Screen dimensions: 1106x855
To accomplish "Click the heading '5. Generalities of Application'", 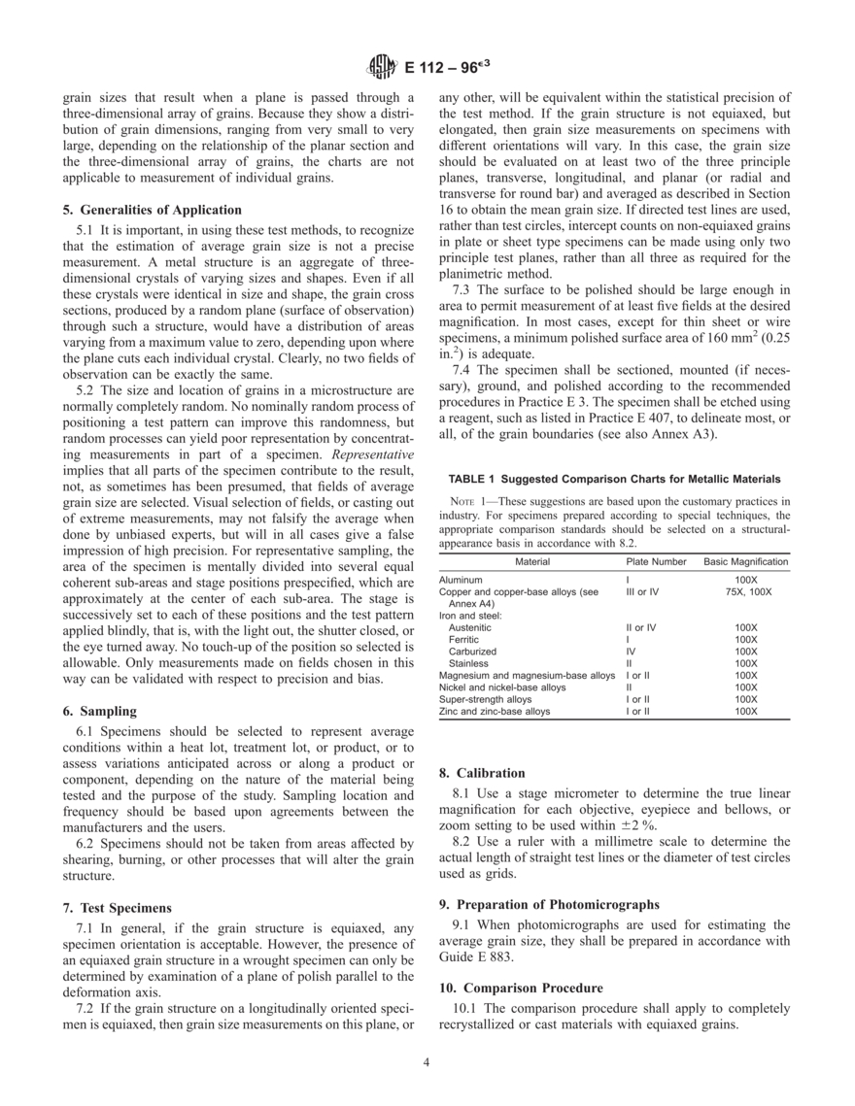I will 153,209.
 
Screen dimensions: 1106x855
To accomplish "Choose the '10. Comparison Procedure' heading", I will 521,988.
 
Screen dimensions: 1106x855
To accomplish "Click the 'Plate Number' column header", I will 656,561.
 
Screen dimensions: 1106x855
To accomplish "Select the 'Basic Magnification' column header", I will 745,561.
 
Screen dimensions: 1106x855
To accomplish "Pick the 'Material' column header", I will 531,561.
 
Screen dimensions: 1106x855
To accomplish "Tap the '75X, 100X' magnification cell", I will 745,590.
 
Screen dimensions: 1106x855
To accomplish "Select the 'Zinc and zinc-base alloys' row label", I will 494,711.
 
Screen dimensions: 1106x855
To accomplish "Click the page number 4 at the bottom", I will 427,1061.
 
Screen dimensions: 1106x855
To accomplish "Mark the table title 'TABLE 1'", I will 475,479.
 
